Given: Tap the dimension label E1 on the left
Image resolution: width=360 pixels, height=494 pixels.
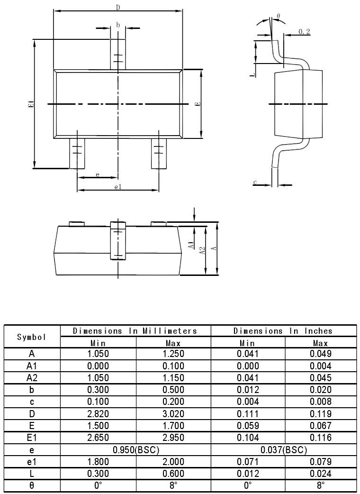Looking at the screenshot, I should (x=30, y=104).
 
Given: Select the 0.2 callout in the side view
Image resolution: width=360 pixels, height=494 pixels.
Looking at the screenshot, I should (x=304, y=32).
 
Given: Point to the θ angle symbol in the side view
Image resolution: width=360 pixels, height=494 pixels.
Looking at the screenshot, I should (x=278, y=16).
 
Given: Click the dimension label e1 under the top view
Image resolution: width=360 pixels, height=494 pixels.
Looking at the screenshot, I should (x=118, y=187).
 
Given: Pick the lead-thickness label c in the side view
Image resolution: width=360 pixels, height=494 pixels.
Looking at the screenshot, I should (x=255, y=182).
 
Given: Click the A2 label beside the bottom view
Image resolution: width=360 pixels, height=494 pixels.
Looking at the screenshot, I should (x=202, y=250).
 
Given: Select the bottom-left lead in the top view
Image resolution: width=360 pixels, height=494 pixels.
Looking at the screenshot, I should (x=77, y=153).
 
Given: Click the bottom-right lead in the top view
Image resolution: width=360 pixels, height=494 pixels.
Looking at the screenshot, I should (x=159, y=153).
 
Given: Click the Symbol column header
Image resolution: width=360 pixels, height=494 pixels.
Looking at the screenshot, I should (x=32, y=337).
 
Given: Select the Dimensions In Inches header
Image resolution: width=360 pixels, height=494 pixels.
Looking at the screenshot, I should (x=283, y=331).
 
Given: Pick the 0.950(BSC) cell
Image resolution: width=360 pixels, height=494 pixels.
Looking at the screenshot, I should (x=135, y=449).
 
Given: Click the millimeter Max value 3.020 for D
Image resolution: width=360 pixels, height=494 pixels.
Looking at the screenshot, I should (x=173, y=414).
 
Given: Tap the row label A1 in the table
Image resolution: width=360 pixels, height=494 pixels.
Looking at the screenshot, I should (x=32, y=366).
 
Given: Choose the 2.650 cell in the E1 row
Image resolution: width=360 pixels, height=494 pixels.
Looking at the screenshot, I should (x=98, y=438).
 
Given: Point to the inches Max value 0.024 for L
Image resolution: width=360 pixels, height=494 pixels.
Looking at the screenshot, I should (x=320, y=474).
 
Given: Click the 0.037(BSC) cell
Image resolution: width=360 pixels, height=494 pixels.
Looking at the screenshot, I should (x=283, y=449).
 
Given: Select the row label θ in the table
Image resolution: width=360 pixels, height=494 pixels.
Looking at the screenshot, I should (x=32, y=485).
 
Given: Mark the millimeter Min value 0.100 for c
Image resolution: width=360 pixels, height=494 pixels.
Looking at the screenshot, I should (x=98, y=402).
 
